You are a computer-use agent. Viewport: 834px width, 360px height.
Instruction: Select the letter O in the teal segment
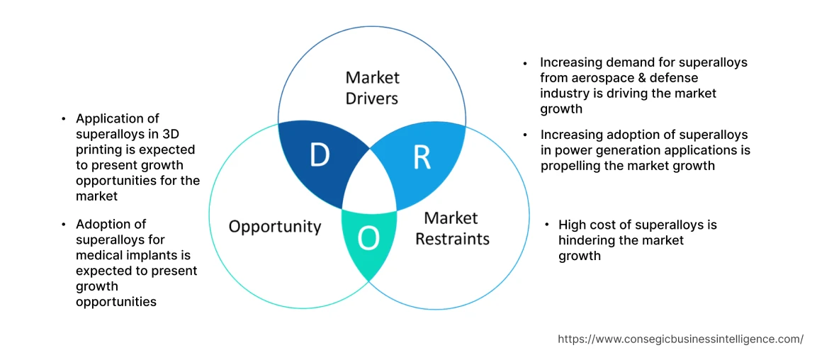click(x=368, y=240)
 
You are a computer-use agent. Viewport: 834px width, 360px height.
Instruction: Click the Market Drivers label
click(x=372, y=88)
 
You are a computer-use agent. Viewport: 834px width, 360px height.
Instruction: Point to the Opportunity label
click(x=275, y=227)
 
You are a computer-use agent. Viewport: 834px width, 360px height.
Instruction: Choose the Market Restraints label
click(x=452, y=228)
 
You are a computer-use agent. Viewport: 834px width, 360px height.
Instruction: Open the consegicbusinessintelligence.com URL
click(x=680, y=339)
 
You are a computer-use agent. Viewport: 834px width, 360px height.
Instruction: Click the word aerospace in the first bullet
click(x=596, y=78)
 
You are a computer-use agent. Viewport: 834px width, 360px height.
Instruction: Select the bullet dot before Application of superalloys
click(x=64, y=119)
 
